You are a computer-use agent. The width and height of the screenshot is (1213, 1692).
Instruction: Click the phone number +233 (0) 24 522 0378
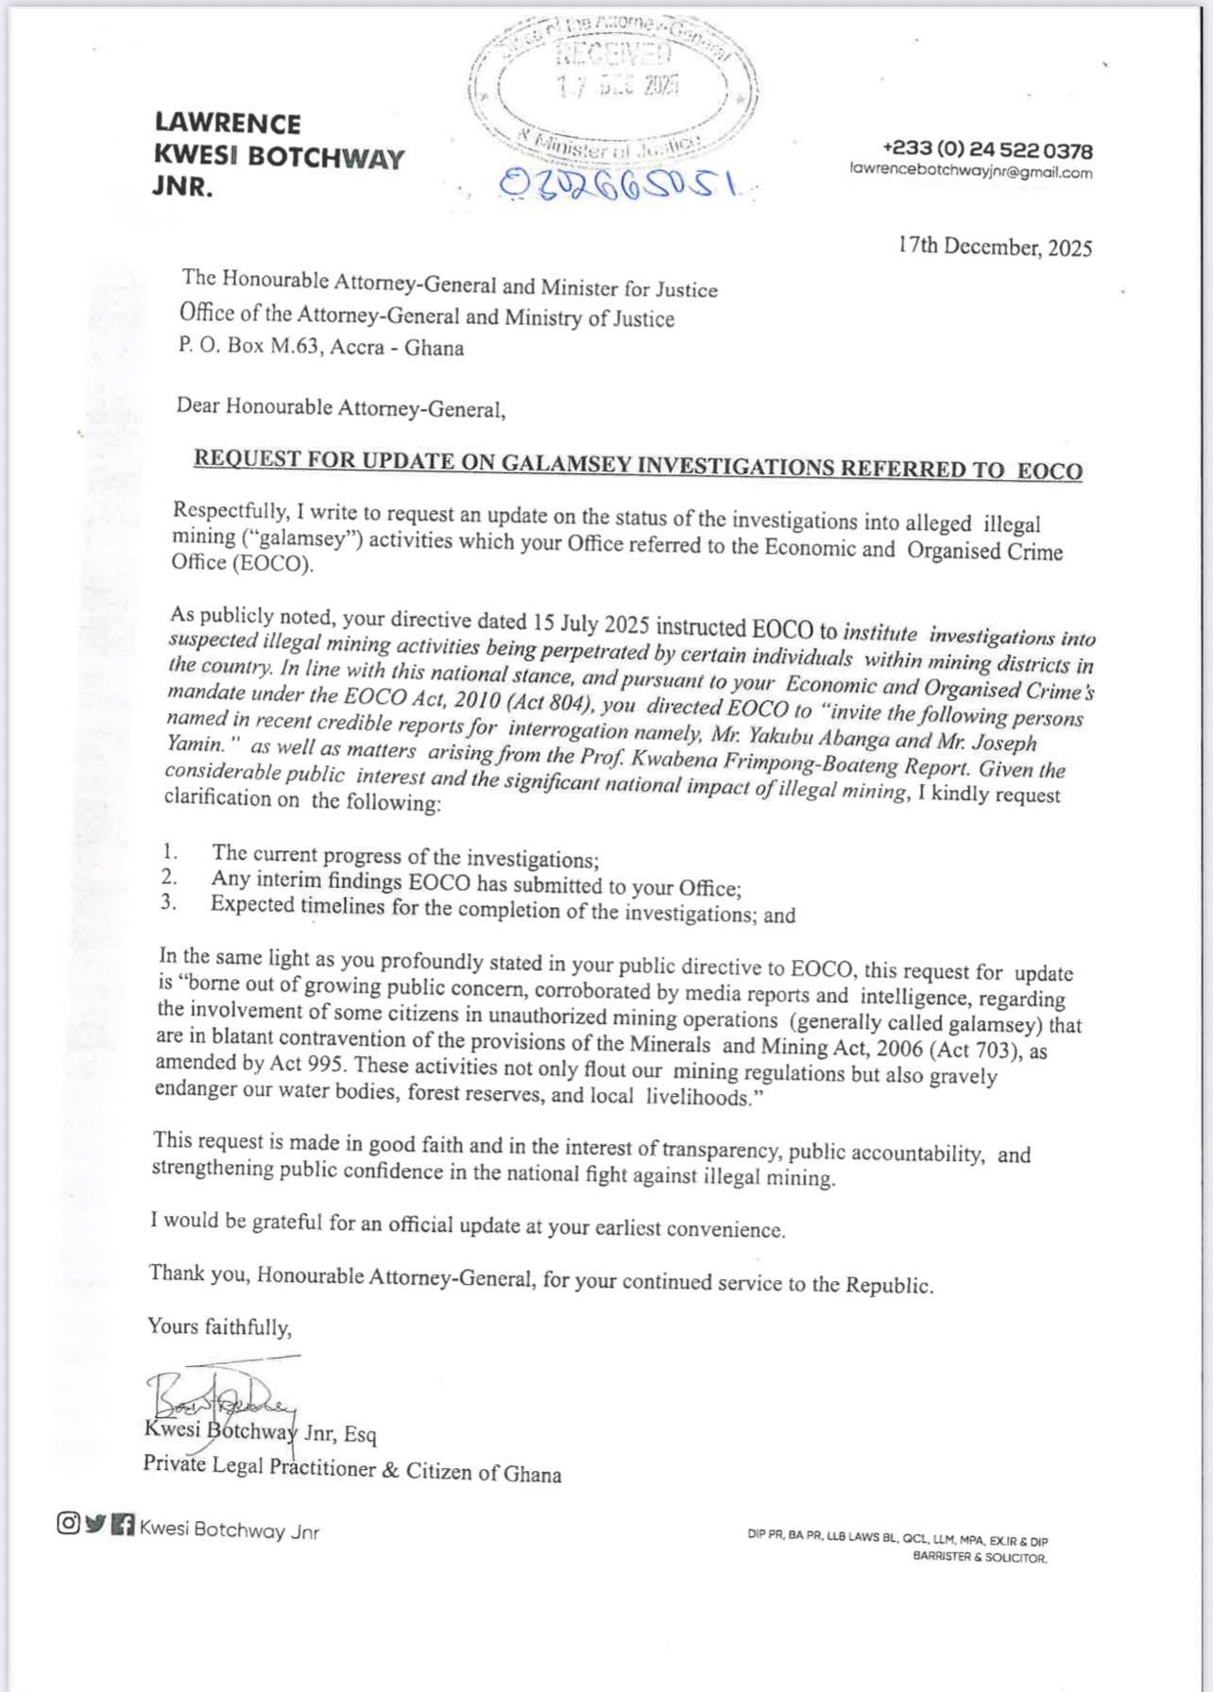[x=987, y=150]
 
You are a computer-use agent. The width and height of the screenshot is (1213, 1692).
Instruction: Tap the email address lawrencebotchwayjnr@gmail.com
[x=971, y=172]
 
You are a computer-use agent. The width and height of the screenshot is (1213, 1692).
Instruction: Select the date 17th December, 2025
[x=995, y=248]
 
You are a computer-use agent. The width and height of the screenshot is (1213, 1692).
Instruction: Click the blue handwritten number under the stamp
[x=619, y=183]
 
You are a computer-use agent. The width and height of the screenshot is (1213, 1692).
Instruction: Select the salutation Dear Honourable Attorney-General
[x=340, y=408]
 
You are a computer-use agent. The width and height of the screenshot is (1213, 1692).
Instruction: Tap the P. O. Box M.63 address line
[x=321, y=347]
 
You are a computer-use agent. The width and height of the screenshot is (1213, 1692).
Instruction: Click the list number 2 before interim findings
[x=169, y=878]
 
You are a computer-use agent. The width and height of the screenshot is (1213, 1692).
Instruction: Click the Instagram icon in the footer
[x=68, y=1523]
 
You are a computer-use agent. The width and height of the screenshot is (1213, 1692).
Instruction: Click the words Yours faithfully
[x=219, y=1326]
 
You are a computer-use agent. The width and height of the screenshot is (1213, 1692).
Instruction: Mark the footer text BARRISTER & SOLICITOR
[x=980, y=1558]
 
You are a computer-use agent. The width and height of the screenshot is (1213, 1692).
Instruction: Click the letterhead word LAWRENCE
[x=228, y=124]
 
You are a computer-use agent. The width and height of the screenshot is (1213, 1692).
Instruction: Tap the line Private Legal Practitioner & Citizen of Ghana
[x=351, y=1469]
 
